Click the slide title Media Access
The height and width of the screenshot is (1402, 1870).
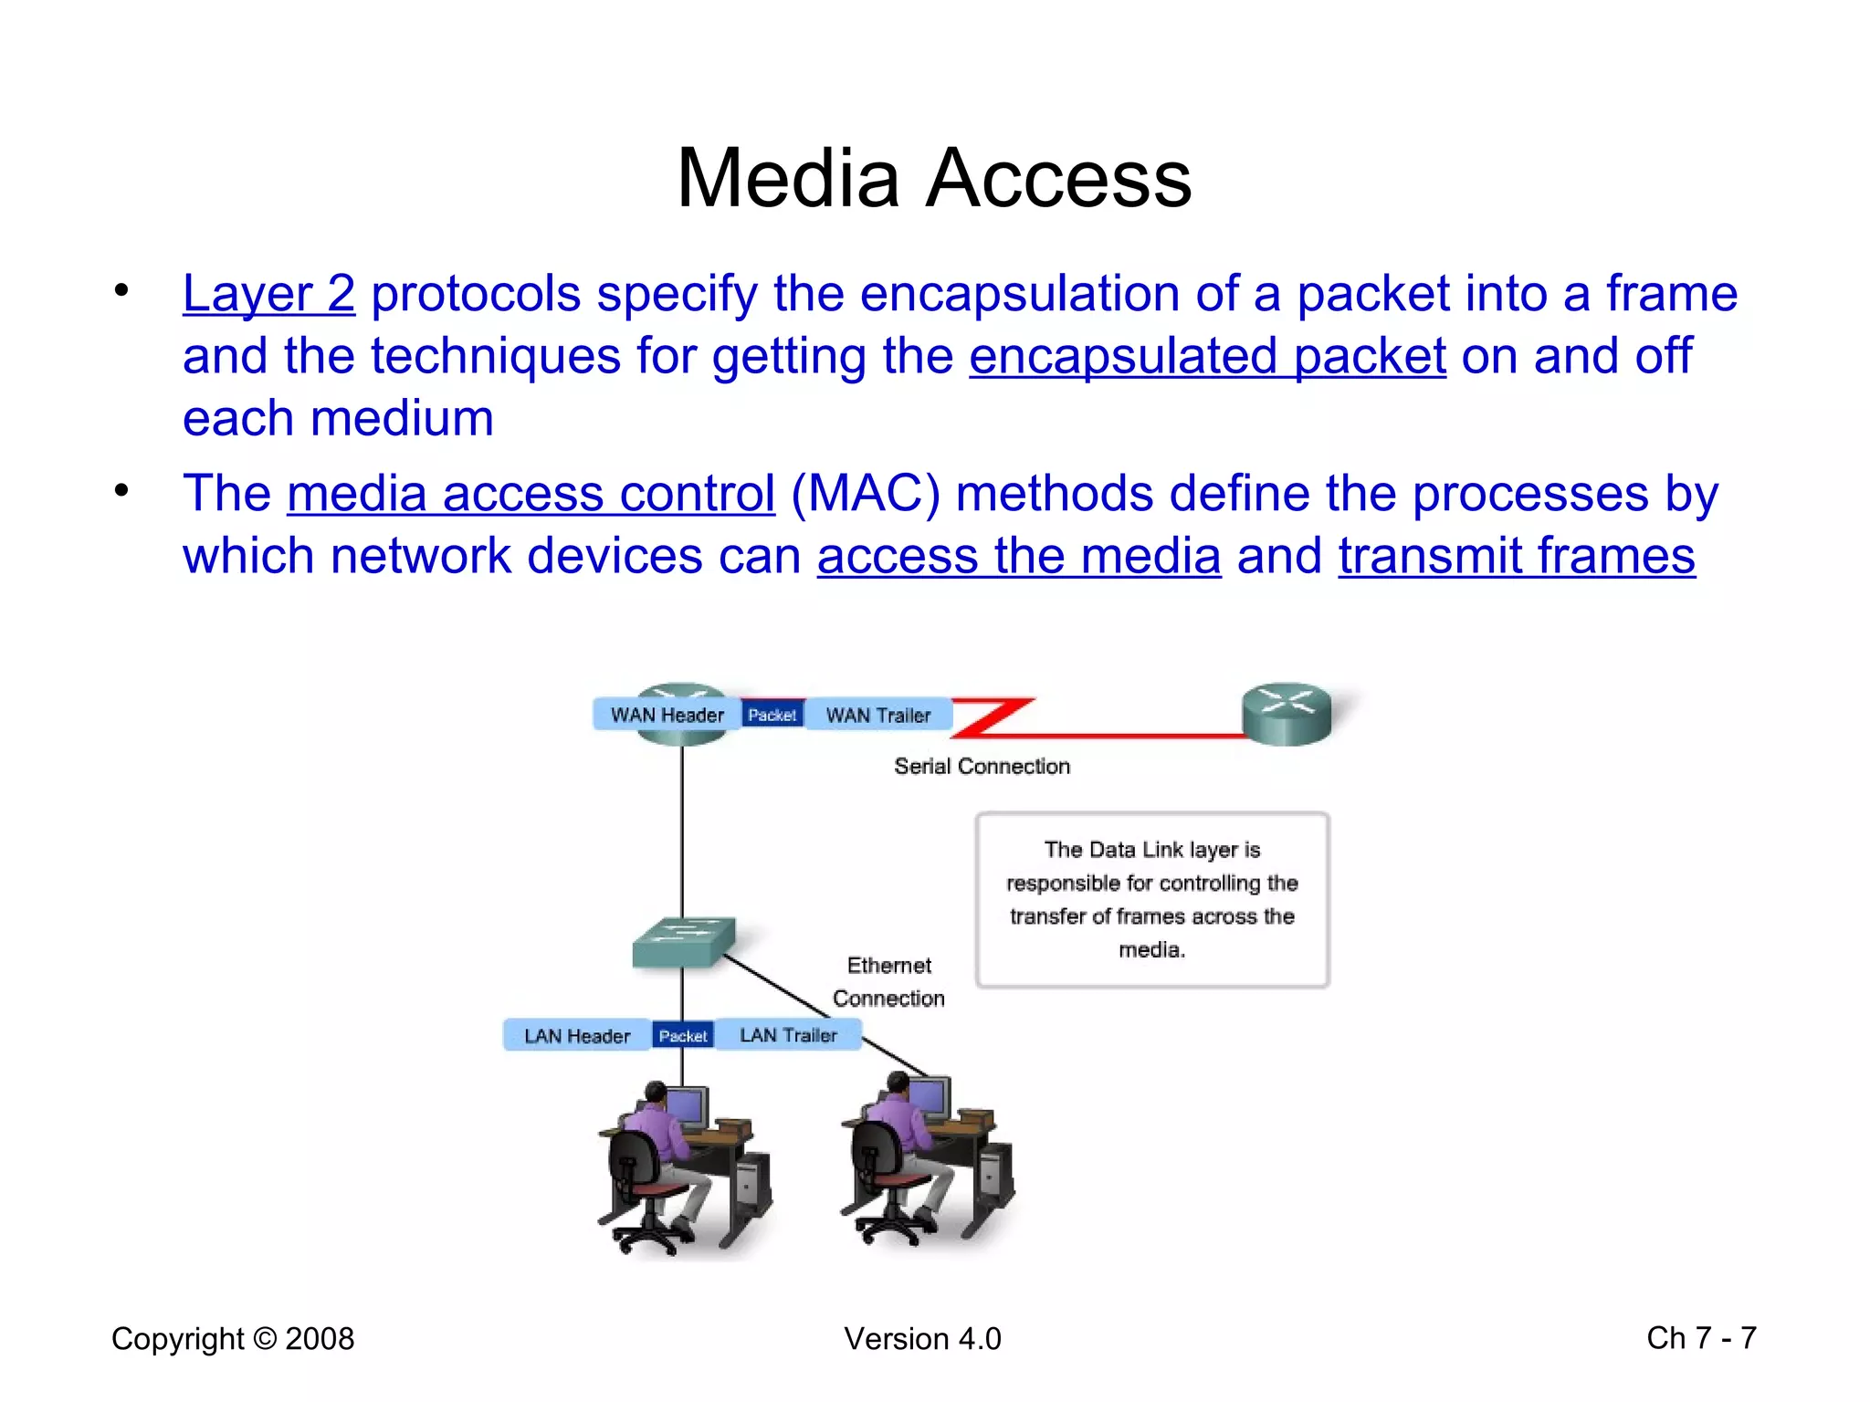click(933, 178)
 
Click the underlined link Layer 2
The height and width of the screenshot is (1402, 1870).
click(268, 294)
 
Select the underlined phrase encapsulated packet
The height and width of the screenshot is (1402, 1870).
click(1207, 356)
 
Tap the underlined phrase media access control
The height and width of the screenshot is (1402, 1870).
click(531, 494)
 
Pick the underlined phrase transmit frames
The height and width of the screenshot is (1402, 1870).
click(1516, 556)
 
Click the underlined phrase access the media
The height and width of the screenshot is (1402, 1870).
click(1018, 556)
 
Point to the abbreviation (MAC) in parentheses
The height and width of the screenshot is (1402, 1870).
click(865, 494)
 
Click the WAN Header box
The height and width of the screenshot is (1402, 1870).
click(667, 715)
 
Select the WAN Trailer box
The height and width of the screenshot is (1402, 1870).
click(877, 715)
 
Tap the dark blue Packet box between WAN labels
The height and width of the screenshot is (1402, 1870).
click(772, 715)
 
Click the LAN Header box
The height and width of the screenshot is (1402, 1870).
click(576, 1036)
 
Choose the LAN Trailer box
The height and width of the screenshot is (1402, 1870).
click(787, 1035)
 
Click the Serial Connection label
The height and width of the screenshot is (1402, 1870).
click(982, 767)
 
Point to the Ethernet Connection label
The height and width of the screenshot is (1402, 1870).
click(888, 982)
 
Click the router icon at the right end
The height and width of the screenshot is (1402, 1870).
click(1287, 714)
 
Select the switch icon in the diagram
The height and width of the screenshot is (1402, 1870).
click(683, 943)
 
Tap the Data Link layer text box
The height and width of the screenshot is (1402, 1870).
click(1151, 900)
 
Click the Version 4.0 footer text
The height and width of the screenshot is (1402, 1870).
click(922, 1339)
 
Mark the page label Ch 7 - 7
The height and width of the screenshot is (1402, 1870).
click(1701, 1338)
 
